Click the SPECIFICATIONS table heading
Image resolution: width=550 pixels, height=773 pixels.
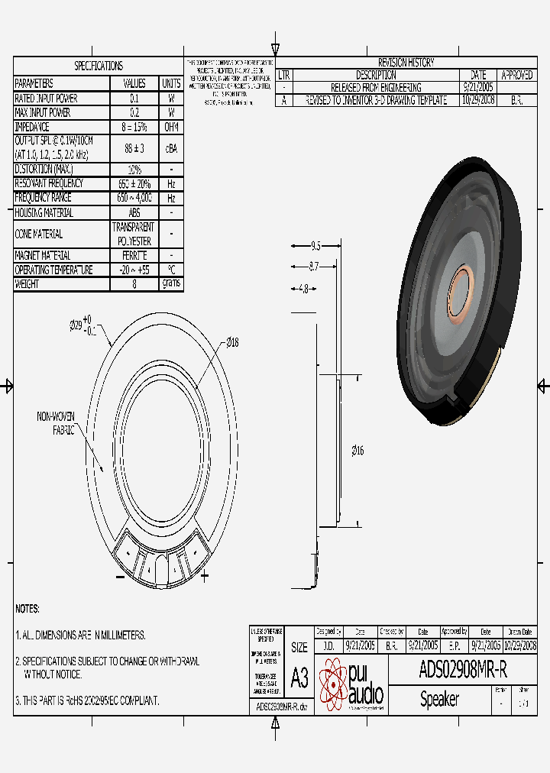99,66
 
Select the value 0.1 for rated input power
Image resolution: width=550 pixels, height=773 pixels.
134,99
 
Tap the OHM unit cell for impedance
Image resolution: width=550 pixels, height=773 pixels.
171,127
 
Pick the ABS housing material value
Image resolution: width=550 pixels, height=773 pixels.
134,213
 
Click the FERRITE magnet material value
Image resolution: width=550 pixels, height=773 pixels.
134,255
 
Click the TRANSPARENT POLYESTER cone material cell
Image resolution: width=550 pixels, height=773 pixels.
134,234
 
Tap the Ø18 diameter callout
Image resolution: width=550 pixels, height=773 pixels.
232,343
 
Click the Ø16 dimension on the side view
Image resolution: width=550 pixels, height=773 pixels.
357,451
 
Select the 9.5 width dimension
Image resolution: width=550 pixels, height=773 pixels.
315,246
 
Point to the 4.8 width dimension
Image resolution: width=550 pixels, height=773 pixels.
303,289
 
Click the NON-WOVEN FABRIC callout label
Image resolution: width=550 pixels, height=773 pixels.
56,423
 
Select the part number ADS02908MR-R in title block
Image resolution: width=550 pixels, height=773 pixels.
463,670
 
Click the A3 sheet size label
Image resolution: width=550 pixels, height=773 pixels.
299,678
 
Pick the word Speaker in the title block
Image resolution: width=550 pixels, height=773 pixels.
440,699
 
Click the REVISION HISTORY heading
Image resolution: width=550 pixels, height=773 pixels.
406,63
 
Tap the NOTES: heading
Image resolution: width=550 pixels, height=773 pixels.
27,609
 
